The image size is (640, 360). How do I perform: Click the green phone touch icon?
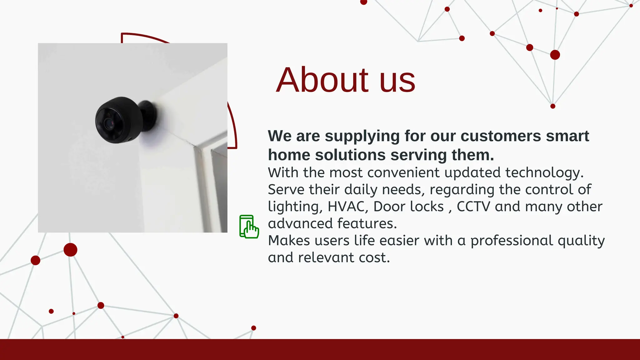click(249, 227)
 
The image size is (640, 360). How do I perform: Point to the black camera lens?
click(109, 123)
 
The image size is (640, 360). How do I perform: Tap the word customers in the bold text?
click(501, 136)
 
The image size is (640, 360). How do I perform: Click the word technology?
click(544, 173)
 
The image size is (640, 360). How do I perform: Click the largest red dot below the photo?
click(70, 250)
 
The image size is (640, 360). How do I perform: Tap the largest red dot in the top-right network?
click(555, 55)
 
